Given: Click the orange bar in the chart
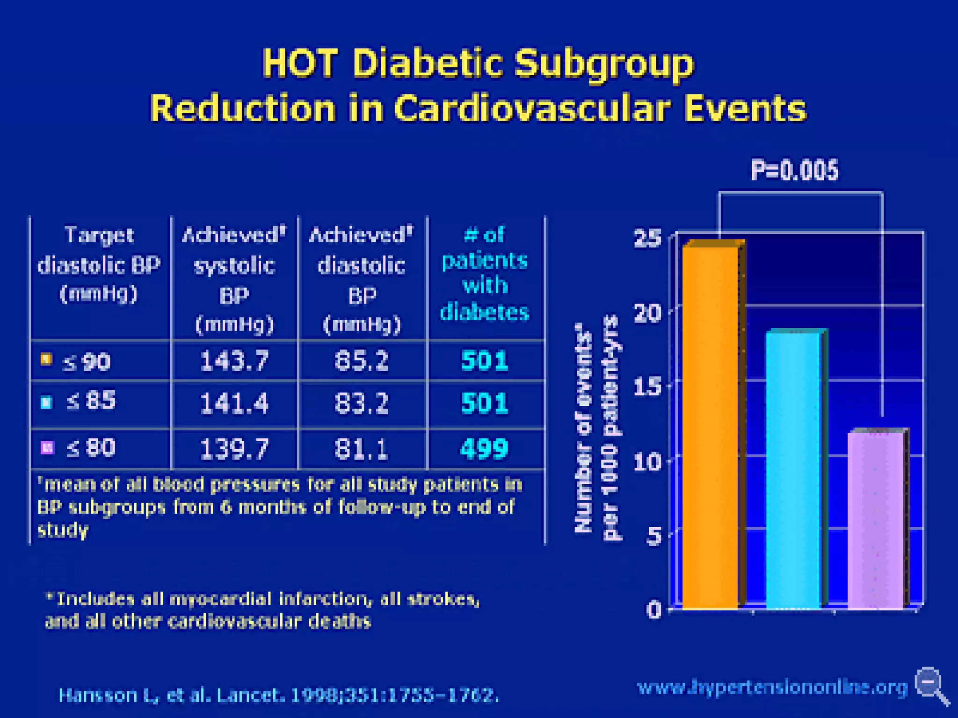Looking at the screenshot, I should point(710,425).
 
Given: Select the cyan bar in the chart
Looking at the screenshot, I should point(793,470).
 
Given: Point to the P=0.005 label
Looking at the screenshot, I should point(794,170).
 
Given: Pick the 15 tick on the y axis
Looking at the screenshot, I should point(648,387).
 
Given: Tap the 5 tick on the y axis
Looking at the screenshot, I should point(654,536).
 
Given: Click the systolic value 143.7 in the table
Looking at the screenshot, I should point(234,361).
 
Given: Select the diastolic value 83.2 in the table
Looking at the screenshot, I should point(362,403).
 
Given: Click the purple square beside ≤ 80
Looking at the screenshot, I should point(47,447).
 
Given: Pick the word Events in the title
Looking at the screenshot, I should point(745,108).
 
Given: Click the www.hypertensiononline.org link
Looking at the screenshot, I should point(772,687).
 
